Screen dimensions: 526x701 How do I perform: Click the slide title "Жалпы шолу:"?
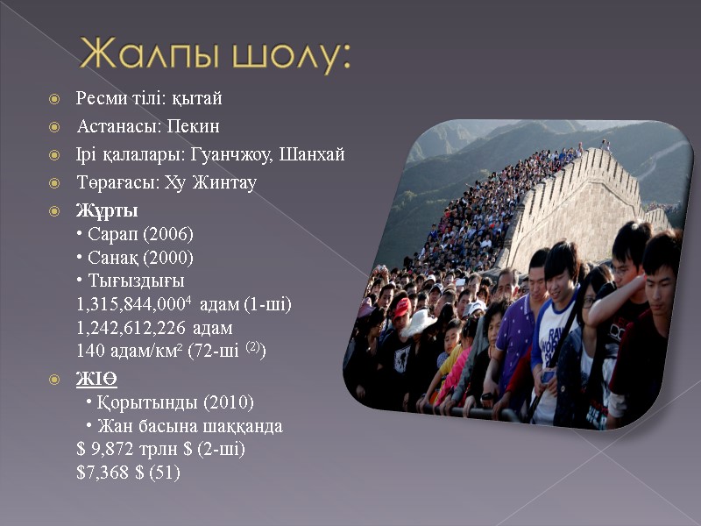(215, 56)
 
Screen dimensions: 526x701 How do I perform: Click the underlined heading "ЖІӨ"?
(96, 379)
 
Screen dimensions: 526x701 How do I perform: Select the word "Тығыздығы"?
(136, 281)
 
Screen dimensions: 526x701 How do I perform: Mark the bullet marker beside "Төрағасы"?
(54, 183)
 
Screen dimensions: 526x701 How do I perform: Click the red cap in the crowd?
(402, 307)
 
